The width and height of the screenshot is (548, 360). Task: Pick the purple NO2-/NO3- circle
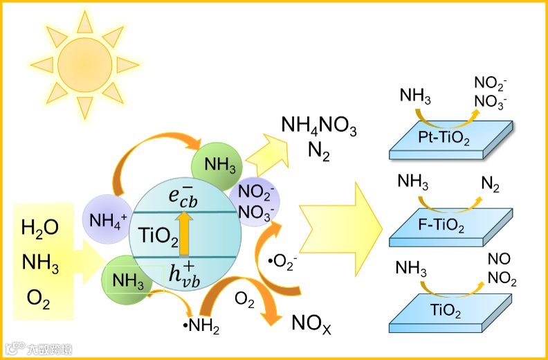258,200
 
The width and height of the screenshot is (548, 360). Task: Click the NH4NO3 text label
319,127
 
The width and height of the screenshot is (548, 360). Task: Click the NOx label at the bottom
311,323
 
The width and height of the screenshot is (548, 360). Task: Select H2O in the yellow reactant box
40,226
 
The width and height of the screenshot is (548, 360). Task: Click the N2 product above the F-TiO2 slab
489,186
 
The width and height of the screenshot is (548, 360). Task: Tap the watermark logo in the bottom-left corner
38,348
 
